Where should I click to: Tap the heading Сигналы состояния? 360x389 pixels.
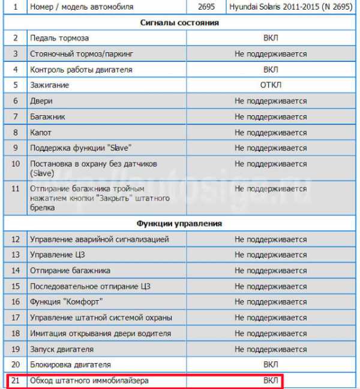pos(179,23)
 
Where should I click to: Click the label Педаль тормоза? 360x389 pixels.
pos(59,38)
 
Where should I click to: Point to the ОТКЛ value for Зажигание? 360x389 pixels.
pos(271,85)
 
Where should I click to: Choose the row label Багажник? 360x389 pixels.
pos(48,117)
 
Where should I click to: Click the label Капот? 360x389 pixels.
pos(42,132)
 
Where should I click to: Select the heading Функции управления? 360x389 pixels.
pos(179,224)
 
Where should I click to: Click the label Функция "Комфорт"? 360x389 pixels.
pos(67,301)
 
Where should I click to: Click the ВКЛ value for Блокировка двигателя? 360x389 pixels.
pos(271,364)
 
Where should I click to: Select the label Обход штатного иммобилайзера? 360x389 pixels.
pos(89,381)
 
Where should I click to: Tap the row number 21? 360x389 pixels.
pos(16,381)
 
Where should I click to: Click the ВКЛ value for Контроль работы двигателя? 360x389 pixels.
pos(271,70)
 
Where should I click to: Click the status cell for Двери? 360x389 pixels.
pos(271,101)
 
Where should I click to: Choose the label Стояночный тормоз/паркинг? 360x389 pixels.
pos(82,54)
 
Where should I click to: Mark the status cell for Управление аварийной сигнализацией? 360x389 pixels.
pos(271,239)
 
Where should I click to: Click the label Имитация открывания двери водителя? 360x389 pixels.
pos(101,333)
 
